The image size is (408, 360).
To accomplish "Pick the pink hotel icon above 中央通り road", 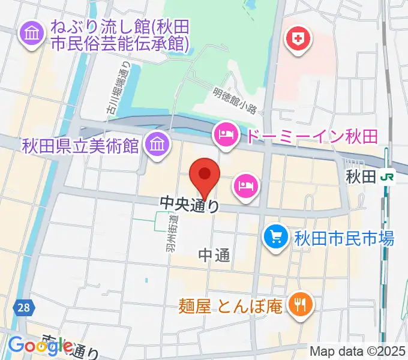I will point(247,185).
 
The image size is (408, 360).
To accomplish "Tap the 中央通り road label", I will point(189,205).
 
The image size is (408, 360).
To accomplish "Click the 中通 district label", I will point(214,256).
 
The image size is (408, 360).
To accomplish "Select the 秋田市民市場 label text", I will point(343,238).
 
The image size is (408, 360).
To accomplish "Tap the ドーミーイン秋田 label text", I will point(310,136).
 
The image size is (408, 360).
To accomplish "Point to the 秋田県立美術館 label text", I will point(80,145).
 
